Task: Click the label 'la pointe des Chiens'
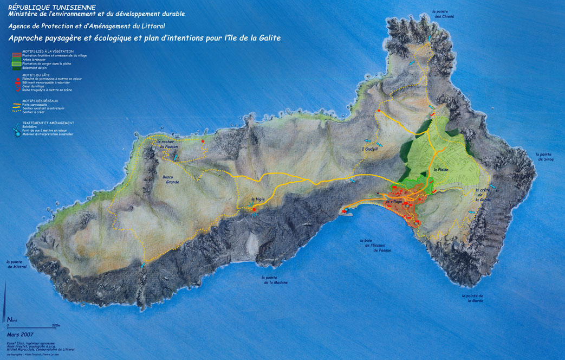pos(443,14)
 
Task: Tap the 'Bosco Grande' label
pos(171,179)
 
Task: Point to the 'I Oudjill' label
pos(369,149)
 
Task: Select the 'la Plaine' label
pos(441,170)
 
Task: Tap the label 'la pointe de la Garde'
pos(472,298)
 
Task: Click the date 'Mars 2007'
pos(21,335)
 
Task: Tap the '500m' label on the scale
pos(55,325)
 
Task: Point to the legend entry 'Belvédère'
pos(31,126)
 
